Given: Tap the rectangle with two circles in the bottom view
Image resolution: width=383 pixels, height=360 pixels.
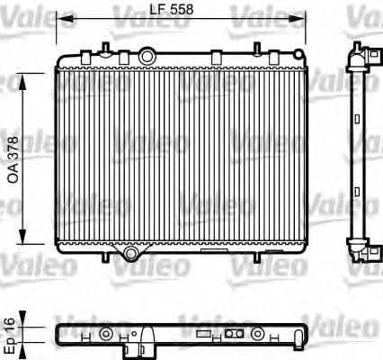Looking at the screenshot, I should coord(235,334).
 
